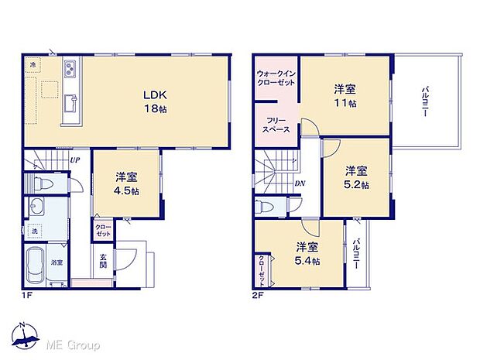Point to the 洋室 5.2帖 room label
[357, 177]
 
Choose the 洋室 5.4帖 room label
[307, 254]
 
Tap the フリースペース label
[277, 125]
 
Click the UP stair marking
[74, 161]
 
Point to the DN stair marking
[300, 183]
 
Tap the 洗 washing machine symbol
[35, 231]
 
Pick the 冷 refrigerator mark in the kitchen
[33, 66]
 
